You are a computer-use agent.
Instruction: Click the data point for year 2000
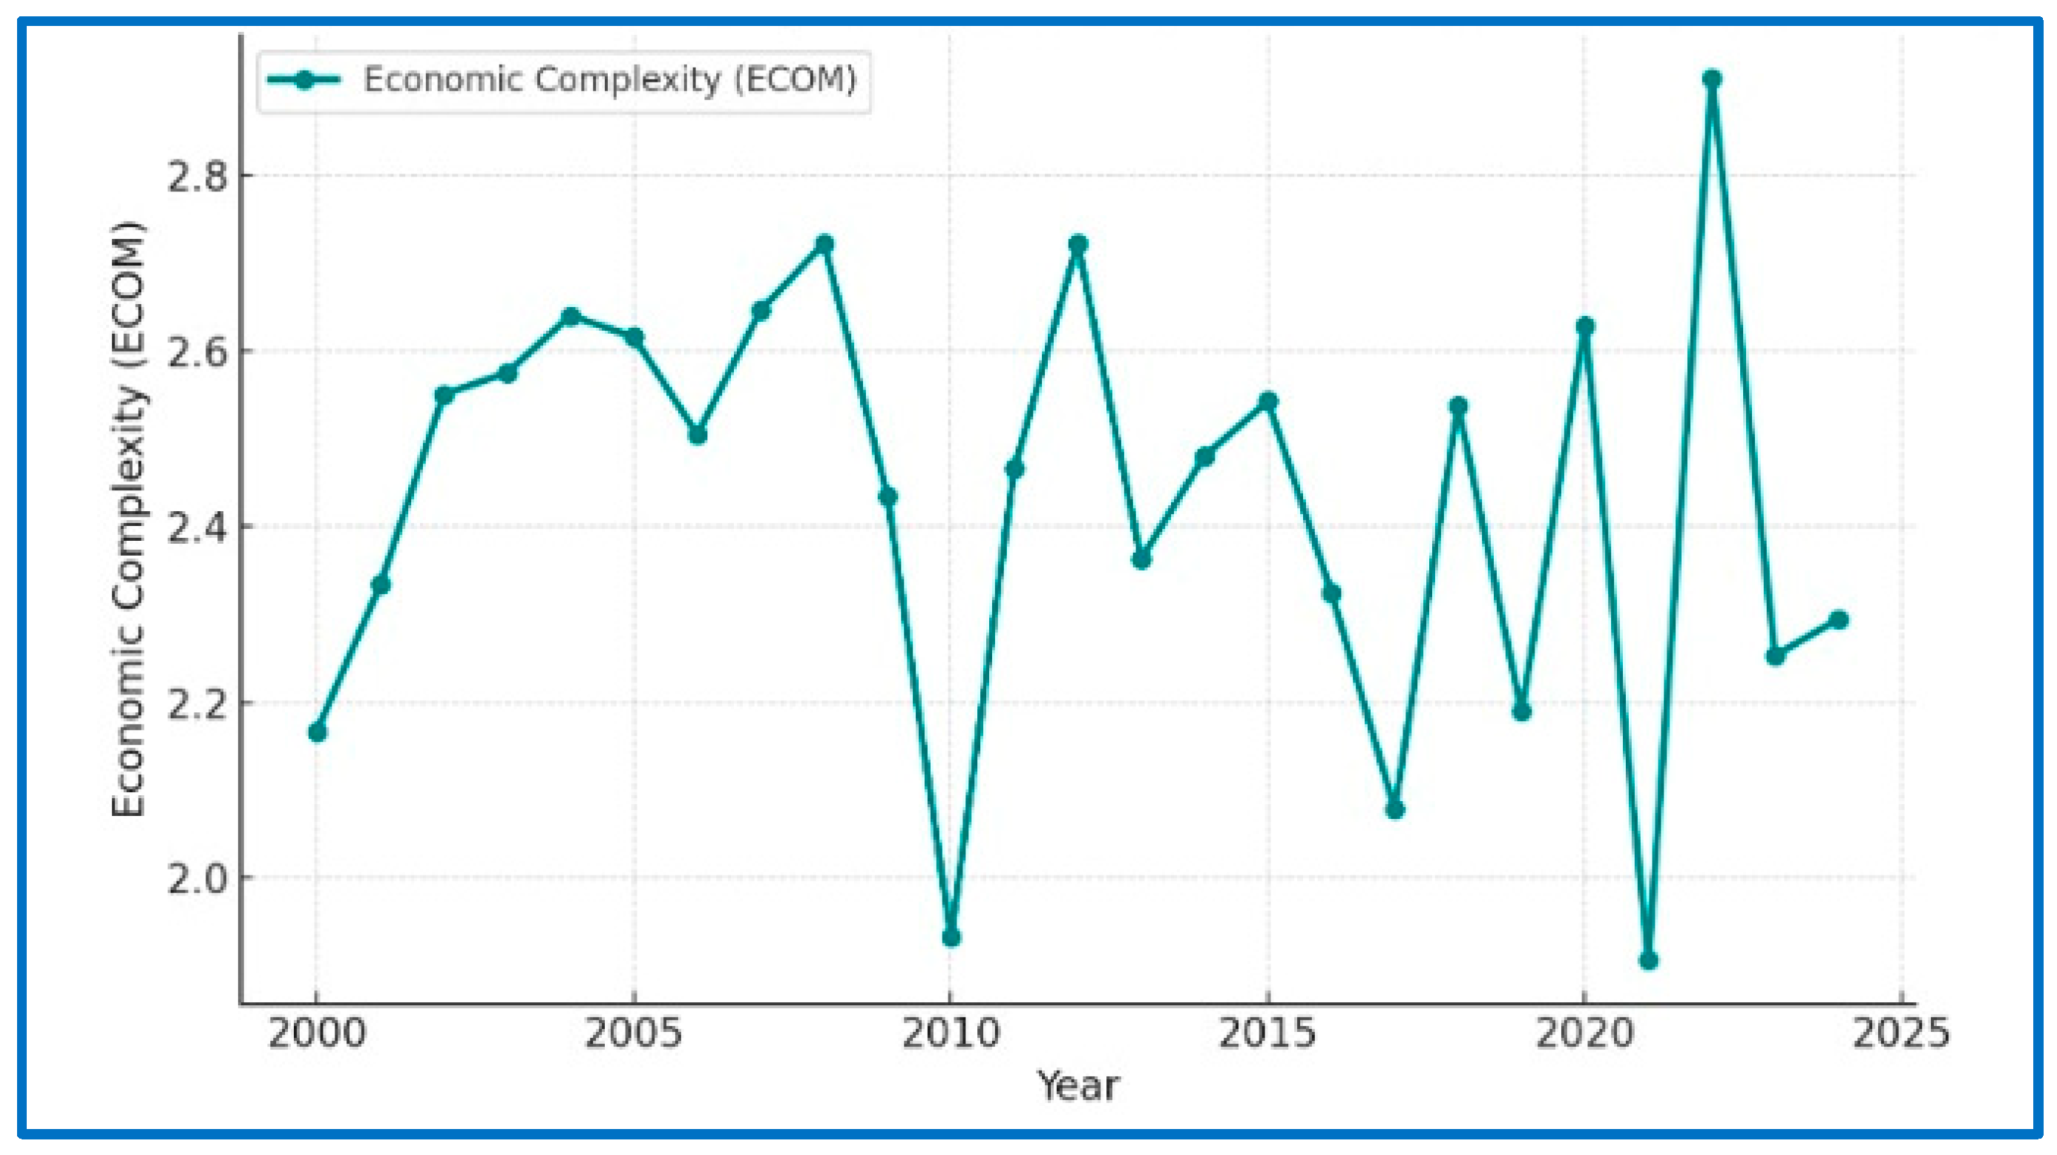coord(317,732)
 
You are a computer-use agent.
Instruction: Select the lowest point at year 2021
coord(1648,960)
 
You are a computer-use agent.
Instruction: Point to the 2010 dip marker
coord(951,937)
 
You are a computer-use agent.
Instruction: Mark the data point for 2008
coord(824,243)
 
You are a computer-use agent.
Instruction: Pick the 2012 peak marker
coord(1078,244)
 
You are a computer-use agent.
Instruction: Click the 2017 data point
coord(1395,810)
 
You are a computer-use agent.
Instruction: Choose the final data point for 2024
coord(1838,619)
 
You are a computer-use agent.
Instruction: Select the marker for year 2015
coord(1268,401)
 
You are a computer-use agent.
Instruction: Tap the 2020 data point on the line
coord(1585,326)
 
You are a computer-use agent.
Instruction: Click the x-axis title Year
coord(1078,1086)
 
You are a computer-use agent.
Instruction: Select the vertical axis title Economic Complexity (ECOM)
coord(128,519)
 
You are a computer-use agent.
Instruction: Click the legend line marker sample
coord(304,80)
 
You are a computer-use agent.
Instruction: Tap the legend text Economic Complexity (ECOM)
coord(610,80)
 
